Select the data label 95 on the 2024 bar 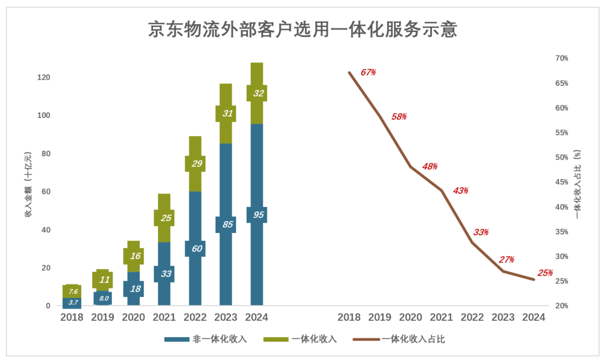[x=257, y=215]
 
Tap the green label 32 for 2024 [x=257, y=93]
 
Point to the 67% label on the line [x=368, y=72]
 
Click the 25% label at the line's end [x=544, y=273]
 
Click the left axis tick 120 [x=43, y=77]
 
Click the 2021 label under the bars [x=164, y=318]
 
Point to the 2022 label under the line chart [x=472, y=318]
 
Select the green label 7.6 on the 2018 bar [x=72, y=292]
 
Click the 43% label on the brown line [x=460, y=191]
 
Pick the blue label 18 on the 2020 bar [x=134, y=289]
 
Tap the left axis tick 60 [x=45, y=192]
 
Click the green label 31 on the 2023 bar [x=226, y=114]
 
